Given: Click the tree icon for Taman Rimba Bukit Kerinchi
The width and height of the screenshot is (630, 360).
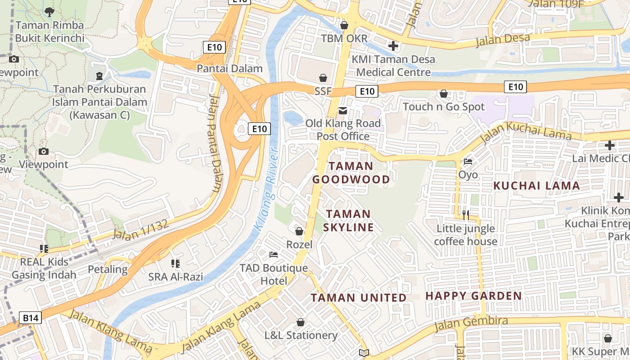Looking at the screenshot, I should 49,12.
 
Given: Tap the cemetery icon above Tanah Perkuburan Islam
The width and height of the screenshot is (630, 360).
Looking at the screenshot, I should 99,76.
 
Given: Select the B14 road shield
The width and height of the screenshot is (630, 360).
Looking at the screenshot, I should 31,318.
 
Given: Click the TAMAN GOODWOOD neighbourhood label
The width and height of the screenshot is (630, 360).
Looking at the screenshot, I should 351,173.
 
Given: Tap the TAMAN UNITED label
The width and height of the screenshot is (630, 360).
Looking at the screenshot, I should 359,298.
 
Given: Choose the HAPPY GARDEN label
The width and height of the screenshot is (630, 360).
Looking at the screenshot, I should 473,296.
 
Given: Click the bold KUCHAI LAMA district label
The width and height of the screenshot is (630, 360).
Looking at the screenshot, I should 536,186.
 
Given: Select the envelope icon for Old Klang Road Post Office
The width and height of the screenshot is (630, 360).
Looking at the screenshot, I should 343,110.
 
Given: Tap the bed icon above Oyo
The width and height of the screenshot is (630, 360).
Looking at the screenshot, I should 468,162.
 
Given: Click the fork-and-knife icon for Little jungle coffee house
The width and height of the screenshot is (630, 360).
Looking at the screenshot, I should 466,215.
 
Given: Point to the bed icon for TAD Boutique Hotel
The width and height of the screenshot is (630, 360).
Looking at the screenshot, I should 274,255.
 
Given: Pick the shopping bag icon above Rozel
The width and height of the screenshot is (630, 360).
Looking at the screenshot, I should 299,231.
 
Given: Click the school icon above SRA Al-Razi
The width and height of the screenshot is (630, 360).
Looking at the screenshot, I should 175,263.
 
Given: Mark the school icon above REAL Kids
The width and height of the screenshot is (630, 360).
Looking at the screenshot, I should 44,248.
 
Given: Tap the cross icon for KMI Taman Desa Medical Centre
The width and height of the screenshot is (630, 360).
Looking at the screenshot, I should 393,45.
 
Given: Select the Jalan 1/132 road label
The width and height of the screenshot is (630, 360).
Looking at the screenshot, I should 140,229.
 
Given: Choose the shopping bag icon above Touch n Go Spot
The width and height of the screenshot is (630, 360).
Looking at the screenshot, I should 444,94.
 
